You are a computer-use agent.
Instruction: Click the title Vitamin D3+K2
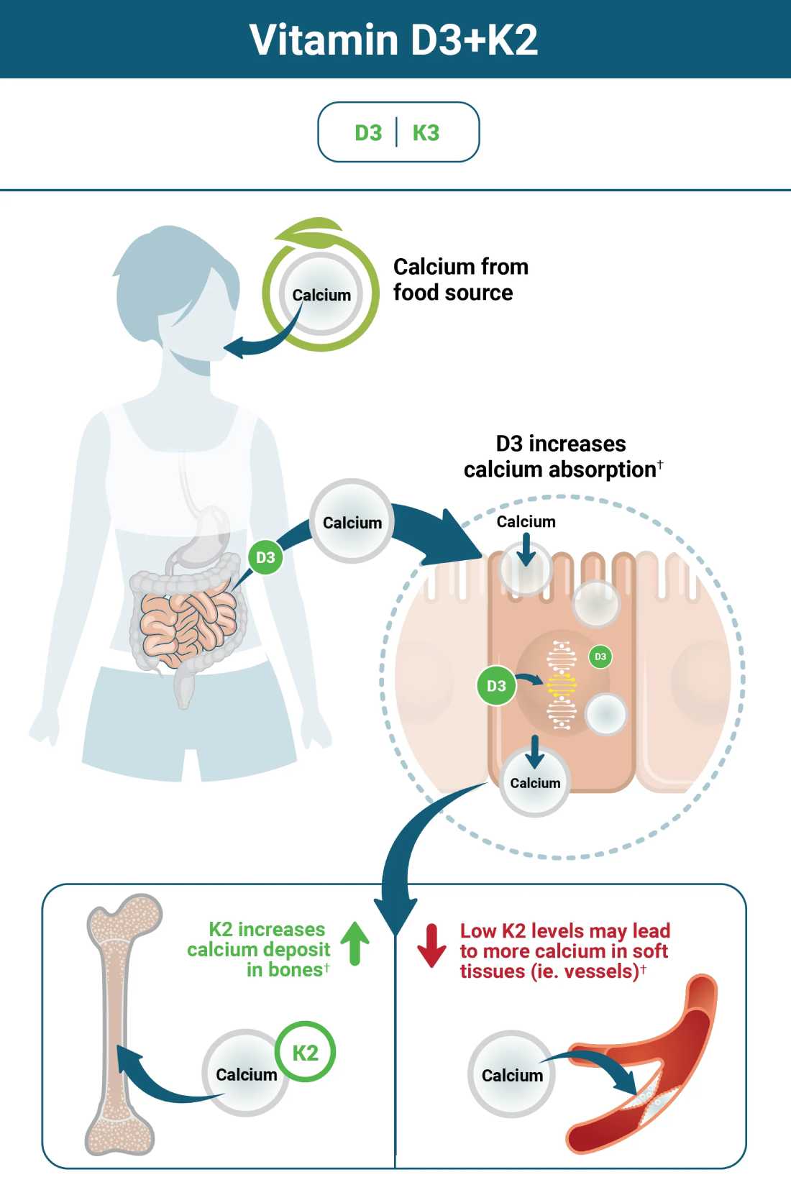394,40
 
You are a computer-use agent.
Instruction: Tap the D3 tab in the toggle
368,133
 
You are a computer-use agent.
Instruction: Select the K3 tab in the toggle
426,133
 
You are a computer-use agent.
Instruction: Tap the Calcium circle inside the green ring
321,294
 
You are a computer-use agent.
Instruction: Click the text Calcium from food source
460,280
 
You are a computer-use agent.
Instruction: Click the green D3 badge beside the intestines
265,557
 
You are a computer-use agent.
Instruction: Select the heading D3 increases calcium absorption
562,457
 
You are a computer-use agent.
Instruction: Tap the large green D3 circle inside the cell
496,685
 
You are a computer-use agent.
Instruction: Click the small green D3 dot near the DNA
600,656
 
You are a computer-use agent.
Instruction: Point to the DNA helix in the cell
561,685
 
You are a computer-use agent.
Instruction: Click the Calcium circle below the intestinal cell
535,784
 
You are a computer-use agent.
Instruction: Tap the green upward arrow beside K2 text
355,943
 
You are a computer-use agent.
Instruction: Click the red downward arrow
431,946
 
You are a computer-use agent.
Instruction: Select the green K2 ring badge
305,1053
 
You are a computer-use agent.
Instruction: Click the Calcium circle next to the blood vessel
511,1074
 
